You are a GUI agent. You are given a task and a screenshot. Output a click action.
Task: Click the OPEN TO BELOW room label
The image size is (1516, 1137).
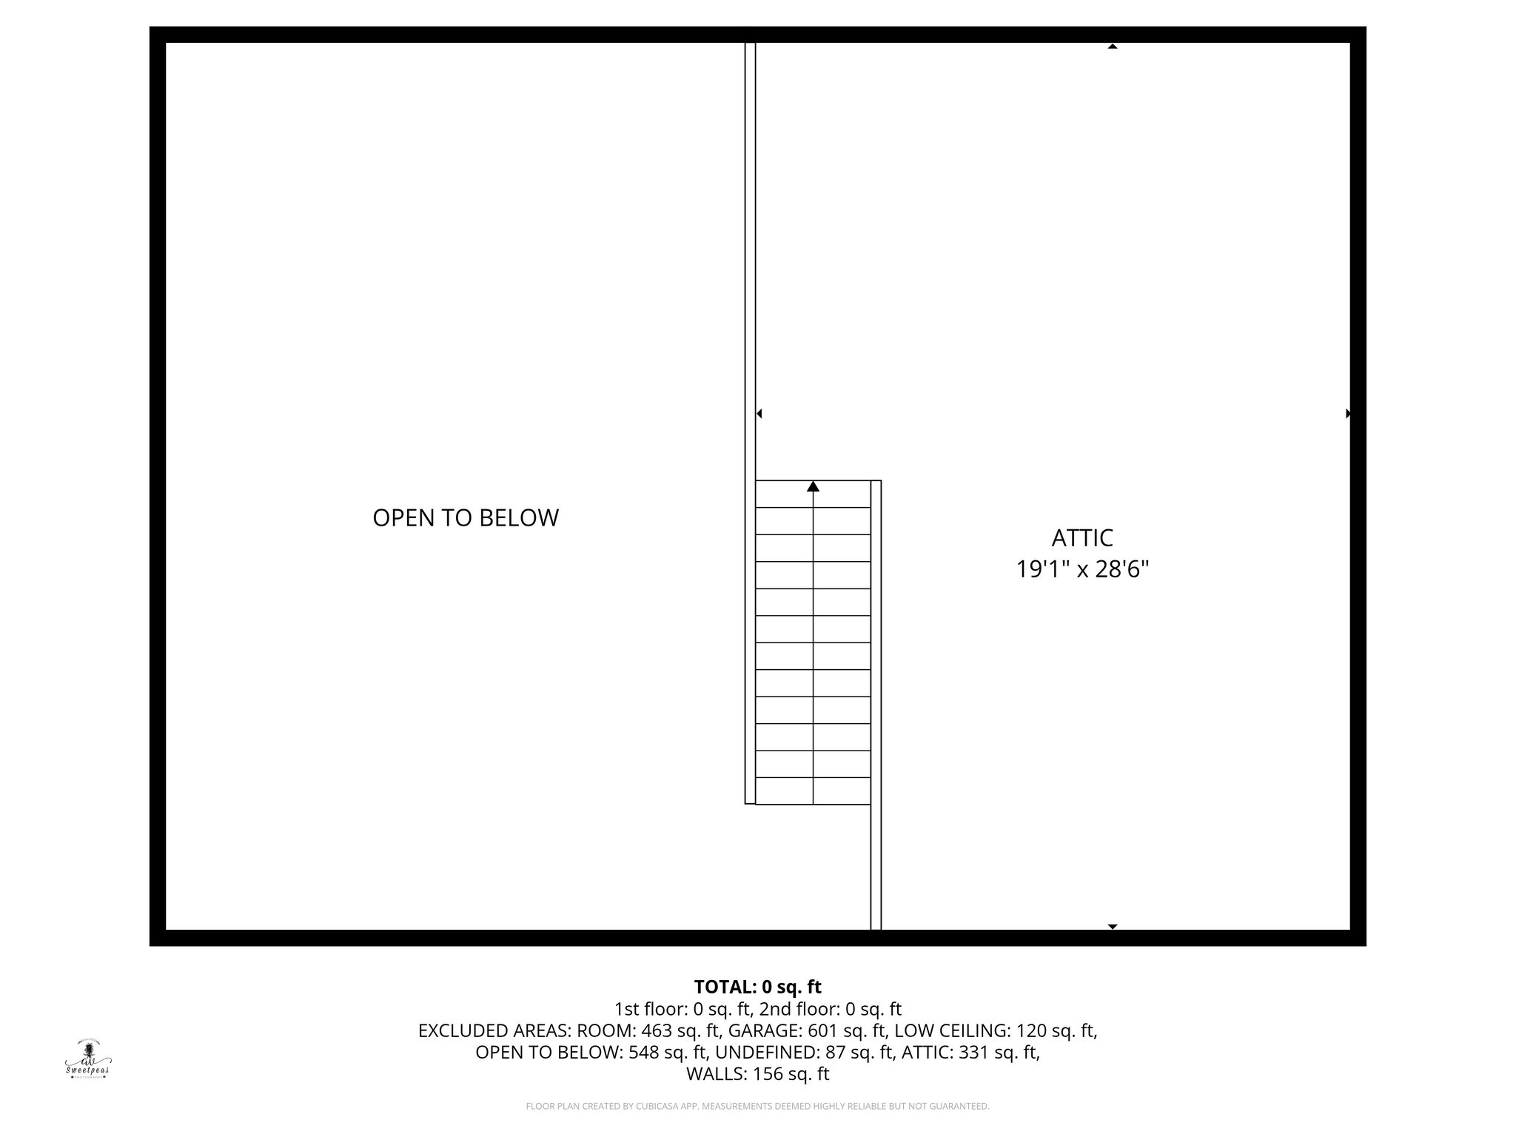pyautogui.click(x=465, y=518)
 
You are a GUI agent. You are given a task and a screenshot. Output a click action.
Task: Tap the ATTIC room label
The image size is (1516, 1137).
pyautogui.click(x=1082, y=537)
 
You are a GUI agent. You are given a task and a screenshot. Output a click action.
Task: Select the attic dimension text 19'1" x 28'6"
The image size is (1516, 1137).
pyautogui.click(x=1082, y=569)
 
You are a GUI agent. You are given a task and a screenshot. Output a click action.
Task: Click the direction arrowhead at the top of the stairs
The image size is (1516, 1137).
pyautogui.click(x=813, y=486)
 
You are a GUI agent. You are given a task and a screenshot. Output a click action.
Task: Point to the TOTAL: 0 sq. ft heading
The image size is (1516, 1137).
pyautogui.click(x=757, y=987)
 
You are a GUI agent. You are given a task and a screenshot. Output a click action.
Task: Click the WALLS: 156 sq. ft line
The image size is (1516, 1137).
pyautogui.click(x=757, y=1074)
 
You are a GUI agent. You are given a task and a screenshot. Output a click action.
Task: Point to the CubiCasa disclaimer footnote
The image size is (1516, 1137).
pyautogui.click(x=757, y=1107)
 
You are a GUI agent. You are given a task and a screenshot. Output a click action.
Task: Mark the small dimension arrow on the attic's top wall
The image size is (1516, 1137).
pyautogui.click(x=1112, y=47)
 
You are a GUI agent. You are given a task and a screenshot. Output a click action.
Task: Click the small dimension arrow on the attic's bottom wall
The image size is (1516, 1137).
pyautogui.click(x=1112, y=927)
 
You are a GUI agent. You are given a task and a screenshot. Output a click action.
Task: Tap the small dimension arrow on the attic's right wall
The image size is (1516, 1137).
pyautogui.click(x=1348, y=414)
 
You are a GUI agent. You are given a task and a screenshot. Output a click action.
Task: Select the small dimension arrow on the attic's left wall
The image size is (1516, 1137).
pyautogui.click(x=759, y=414)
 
